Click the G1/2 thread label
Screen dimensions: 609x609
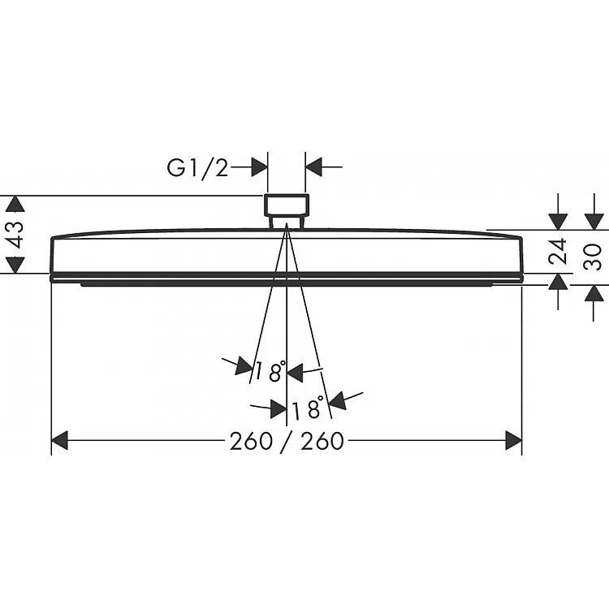197,169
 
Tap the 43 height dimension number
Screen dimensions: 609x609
16,234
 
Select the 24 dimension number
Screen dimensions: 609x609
558,252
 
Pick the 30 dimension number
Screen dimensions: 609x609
593,257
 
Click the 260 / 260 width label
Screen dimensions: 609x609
287,441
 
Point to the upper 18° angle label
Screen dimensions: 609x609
270,371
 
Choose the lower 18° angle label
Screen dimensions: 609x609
307,408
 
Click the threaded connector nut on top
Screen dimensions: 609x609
287,205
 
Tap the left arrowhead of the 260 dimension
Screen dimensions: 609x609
60,440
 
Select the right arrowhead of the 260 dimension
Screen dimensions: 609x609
513,440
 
